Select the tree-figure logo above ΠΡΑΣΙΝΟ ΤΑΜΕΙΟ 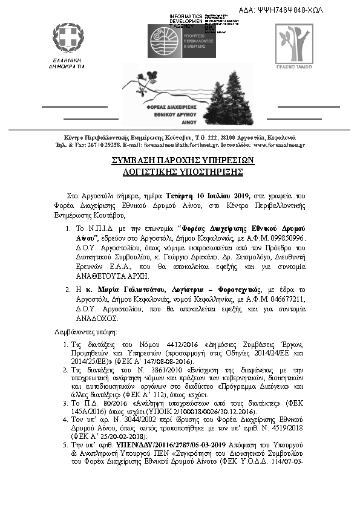292,41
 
